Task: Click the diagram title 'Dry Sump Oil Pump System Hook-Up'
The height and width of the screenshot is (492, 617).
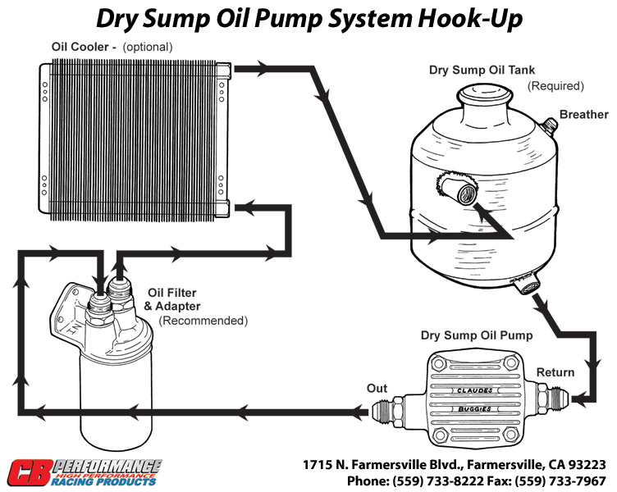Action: click(x=308, y=20)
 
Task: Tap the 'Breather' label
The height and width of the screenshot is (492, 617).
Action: click(x=583, y=115)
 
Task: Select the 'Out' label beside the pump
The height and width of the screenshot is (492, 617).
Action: click(x=377, y=388)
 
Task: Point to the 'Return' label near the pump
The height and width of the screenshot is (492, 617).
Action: click(x=555, y=373)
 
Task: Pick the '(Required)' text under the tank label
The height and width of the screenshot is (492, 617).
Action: click(x=555, y=86)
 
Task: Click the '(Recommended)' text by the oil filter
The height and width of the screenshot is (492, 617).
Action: click(x=203, y=321)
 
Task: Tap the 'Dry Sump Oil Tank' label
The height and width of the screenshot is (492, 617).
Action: click(x=482, y=71)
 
